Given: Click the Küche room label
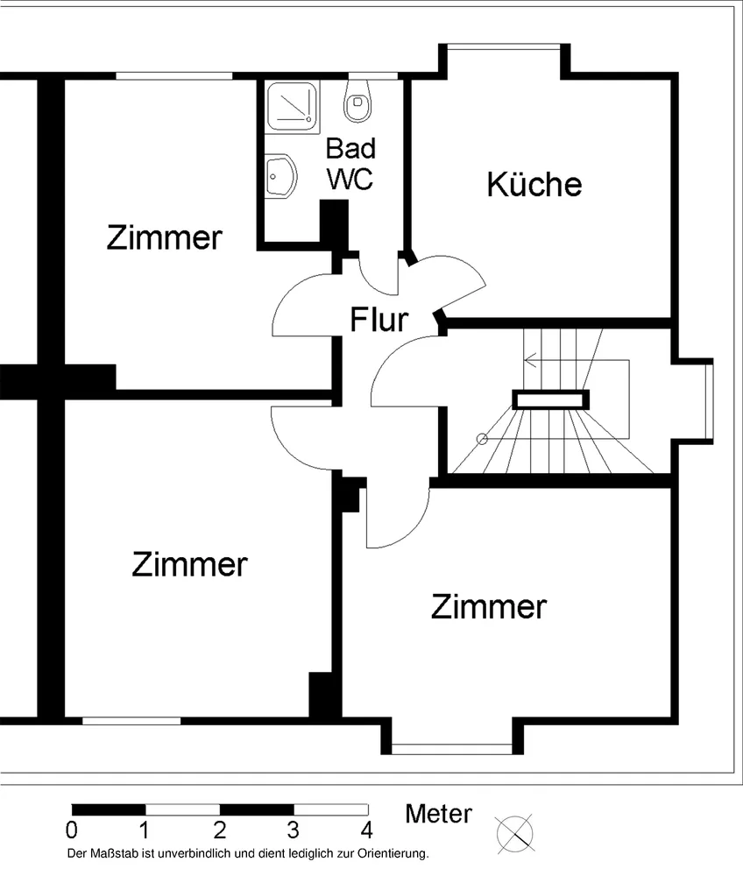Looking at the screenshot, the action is click(x=534, y=184).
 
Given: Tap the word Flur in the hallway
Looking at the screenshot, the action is click(x=379, y=320).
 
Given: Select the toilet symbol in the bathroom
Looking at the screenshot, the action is click(x=357, y=101).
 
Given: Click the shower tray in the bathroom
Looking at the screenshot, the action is click(x=292, y=107).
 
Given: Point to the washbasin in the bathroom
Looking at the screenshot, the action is click(x=280, y=176).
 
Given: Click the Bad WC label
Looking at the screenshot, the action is click(x=350, y=164).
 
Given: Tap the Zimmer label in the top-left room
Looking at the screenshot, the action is click(x=164, y=237).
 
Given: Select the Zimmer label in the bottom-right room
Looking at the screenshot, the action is click(x=489, y=607).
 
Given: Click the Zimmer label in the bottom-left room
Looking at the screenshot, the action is click(x=189, y=564).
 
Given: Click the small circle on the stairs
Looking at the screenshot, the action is click(x=482, y=439).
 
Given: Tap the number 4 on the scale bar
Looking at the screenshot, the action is click(x=366, y=830).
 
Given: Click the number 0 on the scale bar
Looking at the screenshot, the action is click(x=72, y=830).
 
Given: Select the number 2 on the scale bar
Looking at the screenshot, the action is click(x=220, y=830).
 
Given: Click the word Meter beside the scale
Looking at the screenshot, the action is click(x=439, y=814).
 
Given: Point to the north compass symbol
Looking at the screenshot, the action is click(x=514, y=834).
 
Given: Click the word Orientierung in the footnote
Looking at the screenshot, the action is click(x=393, y=854).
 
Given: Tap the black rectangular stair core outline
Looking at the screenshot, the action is click(x=551, y=400).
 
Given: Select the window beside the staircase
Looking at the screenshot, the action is click(x=710, y=401).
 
